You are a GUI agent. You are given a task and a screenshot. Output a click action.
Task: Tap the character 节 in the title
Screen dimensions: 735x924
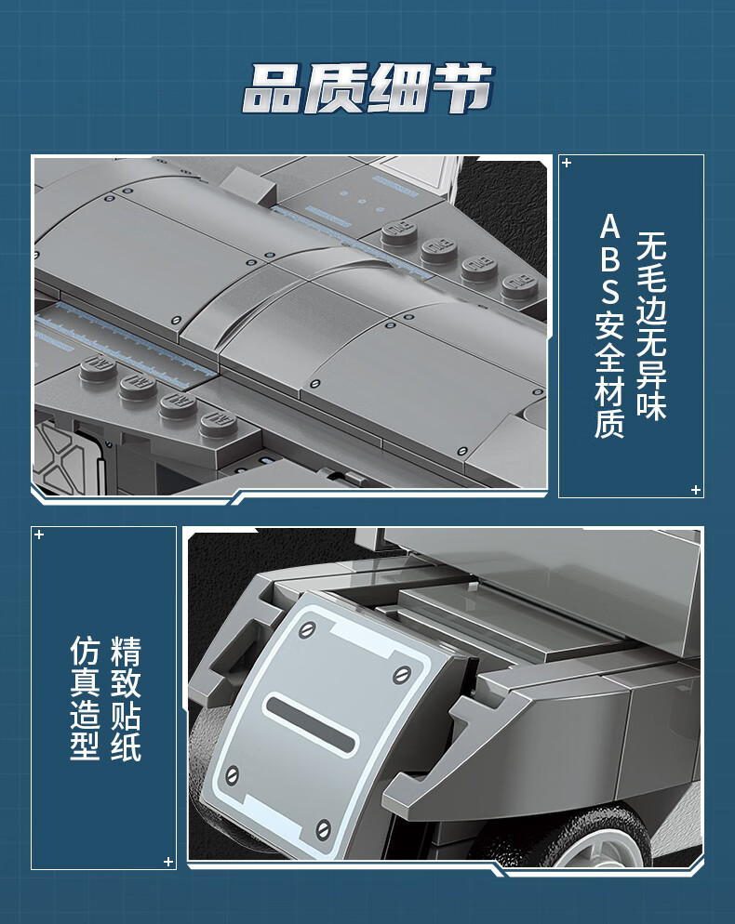(x=463, y=88)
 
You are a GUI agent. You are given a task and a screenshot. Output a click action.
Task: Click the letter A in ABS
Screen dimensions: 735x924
(x=610, y=227)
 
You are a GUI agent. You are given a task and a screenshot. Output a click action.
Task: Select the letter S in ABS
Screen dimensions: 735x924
(x=610, y=292)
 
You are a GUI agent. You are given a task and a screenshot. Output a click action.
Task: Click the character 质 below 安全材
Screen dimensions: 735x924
(x=610, y=422)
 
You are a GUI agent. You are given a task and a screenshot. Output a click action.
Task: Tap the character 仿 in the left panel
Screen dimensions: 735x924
(x=85, y=650)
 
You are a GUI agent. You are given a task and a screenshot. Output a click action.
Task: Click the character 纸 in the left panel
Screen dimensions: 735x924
(x=126, y=746)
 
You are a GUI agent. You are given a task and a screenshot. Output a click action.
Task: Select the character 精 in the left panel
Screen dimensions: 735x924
(x=126, y=650)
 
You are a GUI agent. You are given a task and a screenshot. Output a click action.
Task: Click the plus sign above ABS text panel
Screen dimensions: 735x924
(x=567, y=163)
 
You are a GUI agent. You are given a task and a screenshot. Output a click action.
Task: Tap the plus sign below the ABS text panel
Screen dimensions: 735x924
(x=696, y=490)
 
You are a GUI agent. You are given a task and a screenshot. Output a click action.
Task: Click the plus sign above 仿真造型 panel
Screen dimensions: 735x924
(x=39, y=535)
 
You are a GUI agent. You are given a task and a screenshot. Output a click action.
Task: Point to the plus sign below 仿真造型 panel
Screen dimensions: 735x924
(x=168, y=862)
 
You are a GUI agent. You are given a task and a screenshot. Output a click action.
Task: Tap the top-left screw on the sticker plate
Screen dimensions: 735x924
(x=307, y=630)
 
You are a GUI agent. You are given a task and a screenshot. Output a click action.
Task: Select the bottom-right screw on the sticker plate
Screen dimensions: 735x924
(x=323, y=830)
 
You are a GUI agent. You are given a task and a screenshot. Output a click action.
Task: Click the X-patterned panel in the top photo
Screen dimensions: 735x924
(x=57, y=456)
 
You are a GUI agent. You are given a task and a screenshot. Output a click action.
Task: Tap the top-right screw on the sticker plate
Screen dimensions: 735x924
(x=402, y=674)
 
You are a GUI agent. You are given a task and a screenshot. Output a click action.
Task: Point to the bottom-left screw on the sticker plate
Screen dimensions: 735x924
(x=233, y=775)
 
